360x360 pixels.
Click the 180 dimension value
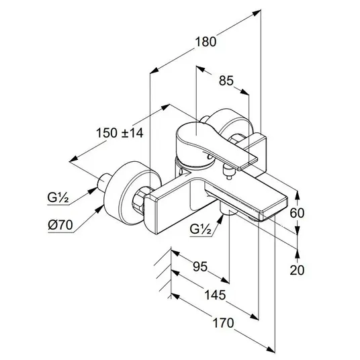click(x=206, y=42)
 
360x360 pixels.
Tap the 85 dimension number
click(x=226, y=81)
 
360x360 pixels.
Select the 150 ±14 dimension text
click(x=120, y=133)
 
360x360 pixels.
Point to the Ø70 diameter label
click(x=60, y=225)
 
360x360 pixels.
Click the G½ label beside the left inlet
click(x=58, y=197)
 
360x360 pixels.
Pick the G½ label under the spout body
click(x=201, y=228)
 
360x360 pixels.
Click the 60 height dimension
click(x=297, y=213)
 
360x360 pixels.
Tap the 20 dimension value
click(x=297, y=270)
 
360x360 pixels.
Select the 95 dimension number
click(x=200, y=267)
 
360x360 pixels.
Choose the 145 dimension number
click(x=215, y=295)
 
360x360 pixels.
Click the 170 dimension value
click(x=223, y=323)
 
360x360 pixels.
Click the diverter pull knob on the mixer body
click(x=228, y=173)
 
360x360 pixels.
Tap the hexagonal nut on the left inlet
click(x=138, y=199)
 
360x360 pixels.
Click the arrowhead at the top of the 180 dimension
click(x=257, y=13)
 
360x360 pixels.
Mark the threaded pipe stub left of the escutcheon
click(x=104, y=181)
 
